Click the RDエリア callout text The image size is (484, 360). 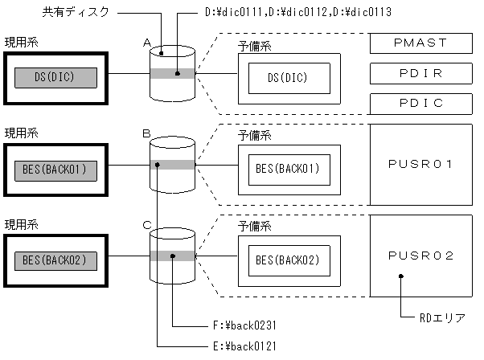[441, 317]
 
